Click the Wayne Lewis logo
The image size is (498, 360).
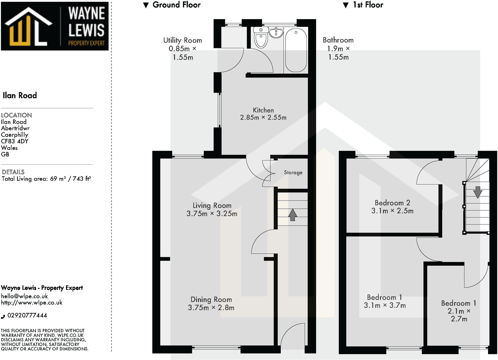click(55, 26)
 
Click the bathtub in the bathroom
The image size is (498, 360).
click(296, 50)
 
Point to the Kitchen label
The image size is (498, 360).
click(263, 110)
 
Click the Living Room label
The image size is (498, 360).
click(212, 205)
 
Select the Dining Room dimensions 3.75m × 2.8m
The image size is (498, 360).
click(211, 308)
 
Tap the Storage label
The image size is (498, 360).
click(293, 172)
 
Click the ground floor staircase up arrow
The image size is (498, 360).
click(292, 215)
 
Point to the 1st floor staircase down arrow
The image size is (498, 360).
click(477, 192)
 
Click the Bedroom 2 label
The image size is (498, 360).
click(392, 203)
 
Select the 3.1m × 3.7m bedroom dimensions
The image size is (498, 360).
click(385, 305)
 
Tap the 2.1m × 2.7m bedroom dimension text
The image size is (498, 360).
click(459, 315)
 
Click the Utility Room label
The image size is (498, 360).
click(183, 40)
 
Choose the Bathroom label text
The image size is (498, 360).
click(338, 40)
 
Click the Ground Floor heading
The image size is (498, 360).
click(176, 5)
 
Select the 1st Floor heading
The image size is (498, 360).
click(368, 5)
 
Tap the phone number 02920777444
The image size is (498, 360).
click(27, 315)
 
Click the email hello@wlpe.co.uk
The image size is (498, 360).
click(24, 296)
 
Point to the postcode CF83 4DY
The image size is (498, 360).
click(15, 141)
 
